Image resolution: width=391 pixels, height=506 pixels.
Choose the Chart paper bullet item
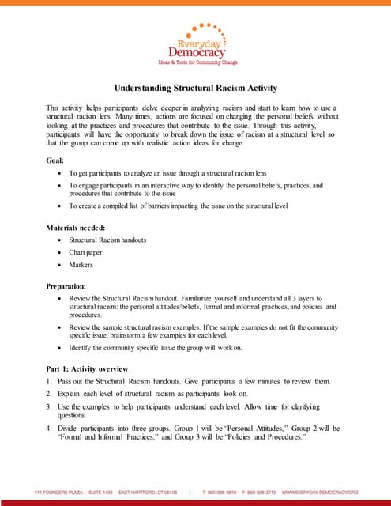(85, 252)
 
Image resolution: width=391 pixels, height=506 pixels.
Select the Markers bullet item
(81, 265)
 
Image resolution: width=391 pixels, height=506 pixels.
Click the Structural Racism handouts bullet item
(107, 240)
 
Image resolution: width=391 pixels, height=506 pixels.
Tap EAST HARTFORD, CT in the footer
(142, 491)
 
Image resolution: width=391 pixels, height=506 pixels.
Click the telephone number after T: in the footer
(233, 491)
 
